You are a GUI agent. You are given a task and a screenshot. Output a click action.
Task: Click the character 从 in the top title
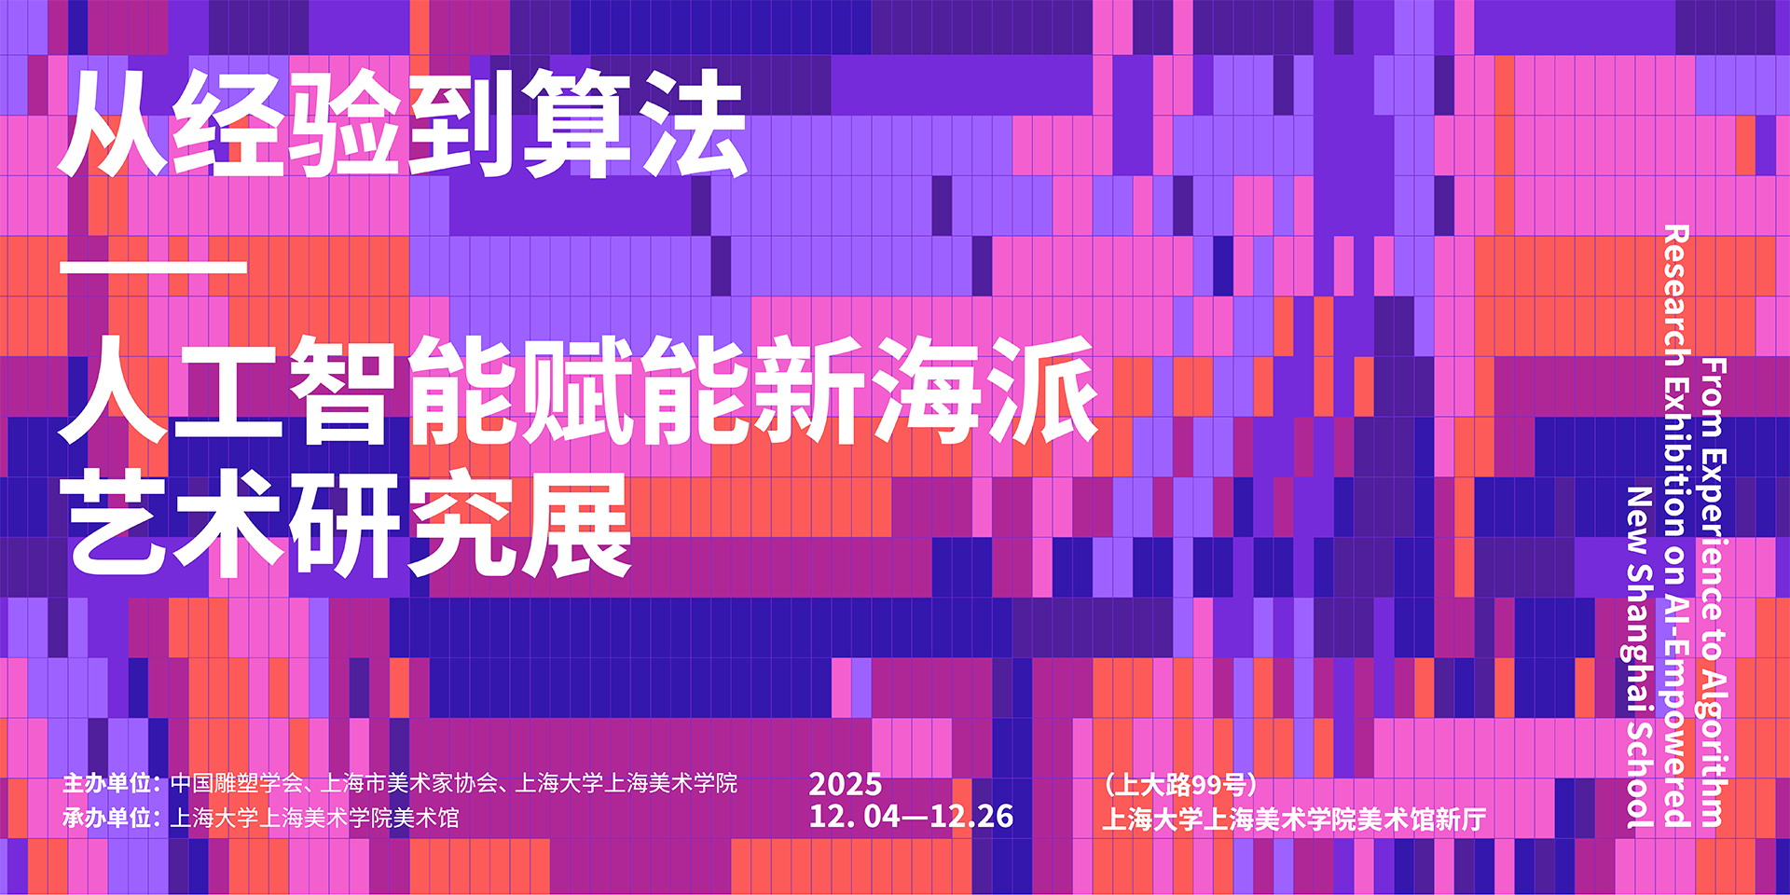point(114,123)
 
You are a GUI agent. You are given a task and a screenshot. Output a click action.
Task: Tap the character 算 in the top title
point(577,123)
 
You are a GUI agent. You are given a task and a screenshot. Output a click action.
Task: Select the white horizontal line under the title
point(153,268)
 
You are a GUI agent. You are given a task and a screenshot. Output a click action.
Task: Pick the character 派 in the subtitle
point(1044,390)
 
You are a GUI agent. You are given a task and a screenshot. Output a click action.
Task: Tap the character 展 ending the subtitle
point(577,524)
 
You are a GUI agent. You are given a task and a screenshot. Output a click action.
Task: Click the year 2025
point(845,784)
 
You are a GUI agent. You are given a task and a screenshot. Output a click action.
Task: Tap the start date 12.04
point(854,817)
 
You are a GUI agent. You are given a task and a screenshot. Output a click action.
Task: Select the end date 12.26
point(971,817)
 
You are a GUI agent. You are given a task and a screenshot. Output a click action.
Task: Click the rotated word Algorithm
point(1714,746)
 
